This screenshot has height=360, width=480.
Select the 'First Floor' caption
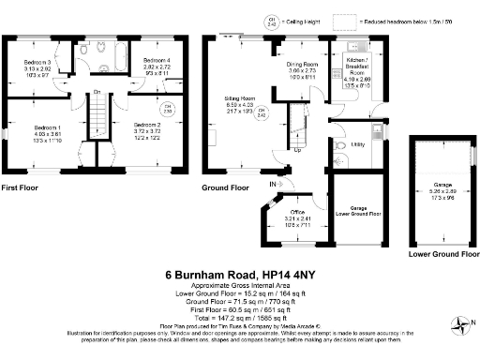point(22,187)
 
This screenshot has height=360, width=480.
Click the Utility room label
point(357,144)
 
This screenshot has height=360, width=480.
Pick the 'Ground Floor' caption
point(226,187)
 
